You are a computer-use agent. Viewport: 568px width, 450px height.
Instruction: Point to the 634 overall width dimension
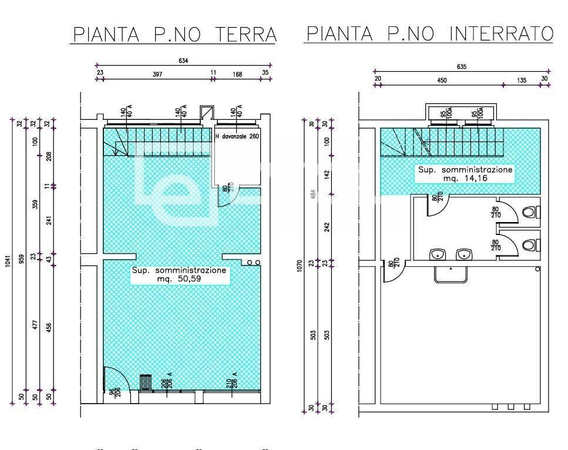click(x=183, y=61)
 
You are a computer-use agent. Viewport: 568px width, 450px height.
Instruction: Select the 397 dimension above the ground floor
click(x=157, y=74)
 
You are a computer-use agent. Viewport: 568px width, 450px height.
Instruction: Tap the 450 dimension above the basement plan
click(x=441, y=80)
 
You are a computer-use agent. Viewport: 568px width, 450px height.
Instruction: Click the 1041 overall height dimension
click(x=8, y=261)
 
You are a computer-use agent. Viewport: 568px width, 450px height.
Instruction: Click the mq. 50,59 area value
click(x=178, y=280)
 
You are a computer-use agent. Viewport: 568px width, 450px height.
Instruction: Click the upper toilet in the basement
click(x=530, y=211)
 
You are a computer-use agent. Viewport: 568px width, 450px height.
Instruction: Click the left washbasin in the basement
click(x=436, y=254)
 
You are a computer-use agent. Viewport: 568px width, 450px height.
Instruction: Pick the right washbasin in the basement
click(x=464, y=254)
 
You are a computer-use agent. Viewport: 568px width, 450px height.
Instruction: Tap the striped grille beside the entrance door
click(x=145, y=382)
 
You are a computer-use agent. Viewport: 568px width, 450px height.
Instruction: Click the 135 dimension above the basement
click(x=522, y=80)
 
